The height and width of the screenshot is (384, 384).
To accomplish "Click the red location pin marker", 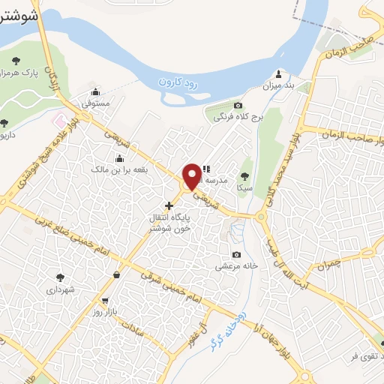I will (192, 175).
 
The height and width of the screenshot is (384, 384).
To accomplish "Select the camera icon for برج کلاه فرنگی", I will (238, 106).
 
